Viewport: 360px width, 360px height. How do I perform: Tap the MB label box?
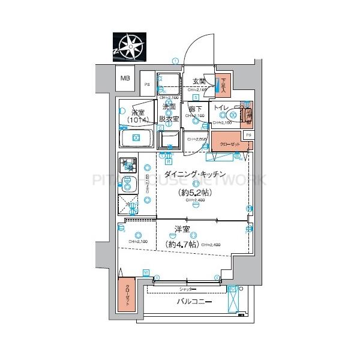click(x=125, y=78)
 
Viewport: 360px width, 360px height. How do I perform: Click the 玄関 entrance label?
click(x=199, y=82)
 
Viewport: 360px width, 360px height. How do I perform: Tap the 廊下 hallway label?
click(x=195, y=109)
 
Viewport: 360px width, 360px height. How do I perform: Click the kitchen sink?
click(x=128, y=184)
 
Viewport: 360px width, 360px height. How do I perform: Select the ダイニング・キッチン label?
click(x=196, y=175)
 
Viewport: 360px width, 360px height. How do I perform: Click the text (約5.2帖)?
click(x=196, y=193)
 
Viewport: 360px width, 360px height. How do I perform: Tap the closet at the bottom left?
click(x=127, y=295)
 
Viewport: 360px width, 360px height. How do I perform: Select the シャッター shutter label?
click(x=188, y=289)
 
